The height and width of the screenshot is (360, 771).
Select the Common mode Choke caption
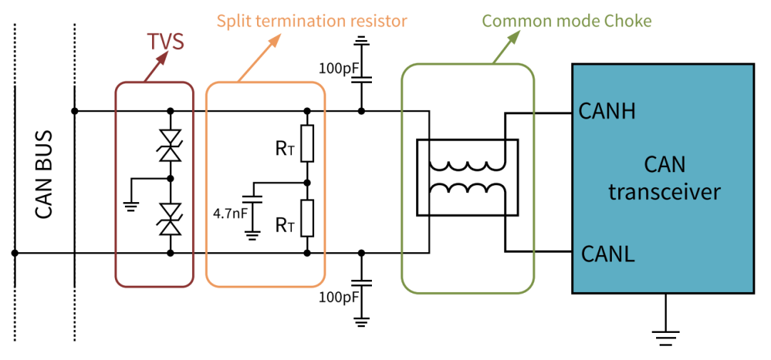567,20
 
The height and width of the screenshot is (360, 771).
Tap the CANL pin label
608,253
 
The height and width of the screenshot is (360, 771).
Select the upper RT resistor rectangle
307,143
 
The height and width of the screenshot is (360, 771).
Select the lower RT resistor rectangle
307,218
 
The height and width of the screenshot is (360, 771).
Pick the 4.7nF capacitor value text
230,212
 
